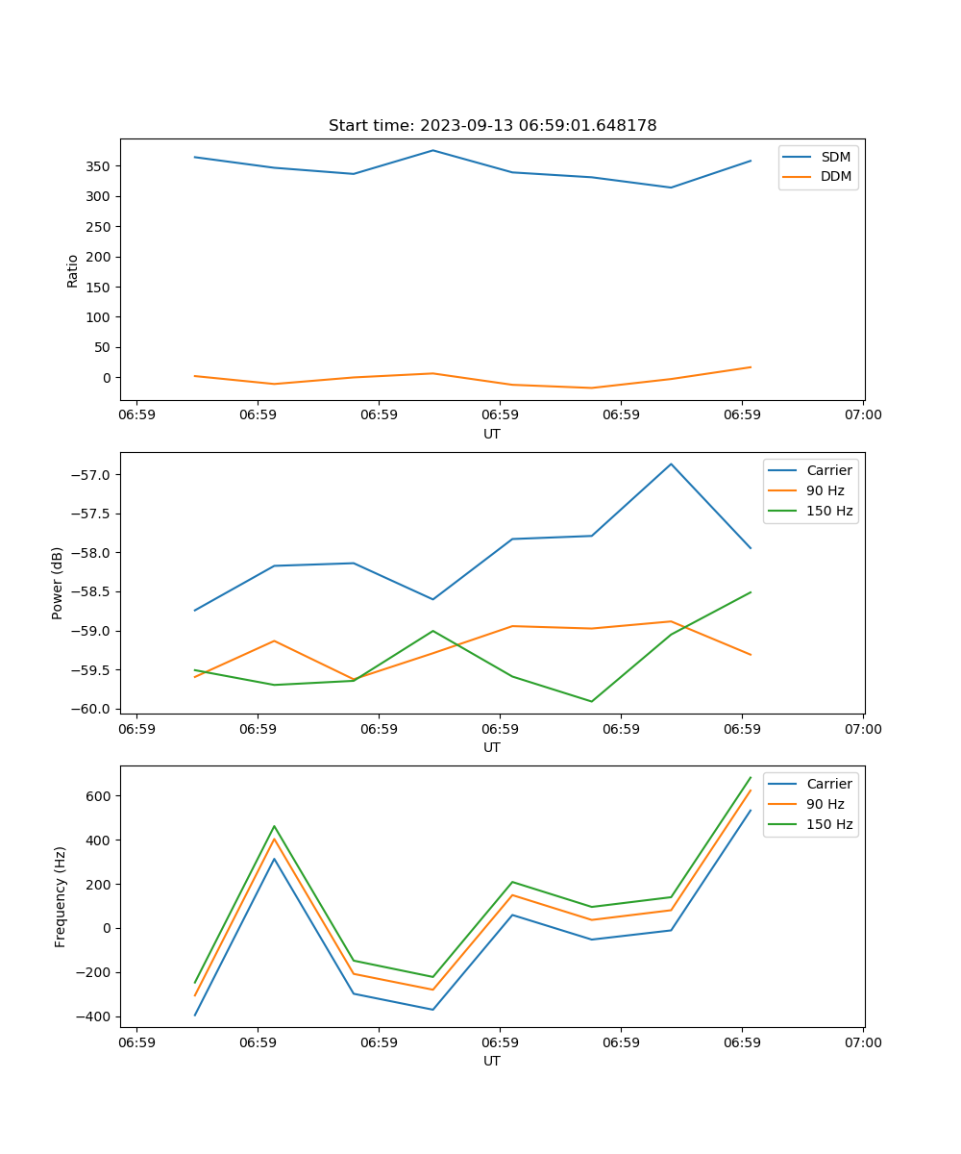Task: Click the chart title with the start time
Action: [492, 126]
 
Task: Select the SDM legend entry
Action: [834, 157]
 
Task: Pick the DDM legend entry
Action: [835, 176]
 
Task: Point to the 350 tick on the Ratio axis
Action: [96, 166]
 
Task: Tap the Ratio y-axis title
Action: [73, 270]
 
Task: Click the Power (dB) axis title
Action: [58, 583]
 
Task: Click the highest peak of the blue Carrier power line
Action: [671, 464]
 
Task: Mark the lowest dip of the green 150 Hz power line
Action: [591, 701]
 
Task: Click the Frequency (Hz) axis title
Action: [61, 896]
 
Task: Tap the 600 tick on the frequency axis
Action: [99, 796]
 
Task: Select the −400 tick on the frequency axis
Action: [94, 1017]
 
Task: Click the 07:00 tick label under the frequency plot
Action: [862, 1041]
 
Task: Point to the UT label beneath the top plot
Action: [492, 434]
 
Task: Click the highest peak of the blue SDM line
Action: [432, 150]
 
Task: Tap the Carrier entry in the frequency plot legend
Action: [828, 784]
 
